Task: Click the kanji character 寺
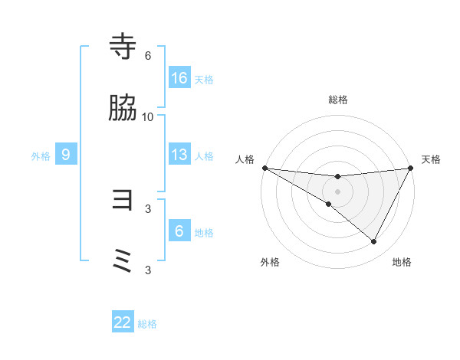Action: click(123, 47)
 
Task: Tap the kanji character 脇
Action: click(123, 109)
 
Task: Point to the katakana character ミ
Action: click(123, 261)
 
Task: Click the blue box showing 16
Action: click(179, 78)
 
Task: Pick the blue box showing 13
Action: click(179, 155)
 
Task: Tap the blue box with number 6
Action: click(179, 231)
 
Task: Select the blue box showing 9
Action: click(66, 155)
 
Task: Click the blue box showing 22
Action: click(123, 322)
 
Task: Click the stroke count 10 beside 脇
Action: click(148, 116)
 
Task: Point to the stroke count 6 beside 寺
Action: click(148, 56)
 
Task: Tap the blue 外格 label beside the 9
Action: click(41, 155)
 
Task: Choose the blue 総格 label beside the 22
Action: click(147, 324)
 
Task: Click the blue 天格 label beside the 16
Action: click(204, 79)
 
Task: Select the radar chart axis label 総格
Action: click(337, 100)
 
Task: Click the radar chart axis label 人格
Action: click(245, 159)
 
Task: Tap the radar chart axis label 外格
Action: click(270, 262)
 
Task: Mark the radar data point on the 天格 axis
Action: click(412, 168)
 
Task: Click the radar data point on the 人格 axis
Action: click(264, 168)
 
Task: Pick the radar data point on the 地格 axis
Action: click(374, 242)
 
